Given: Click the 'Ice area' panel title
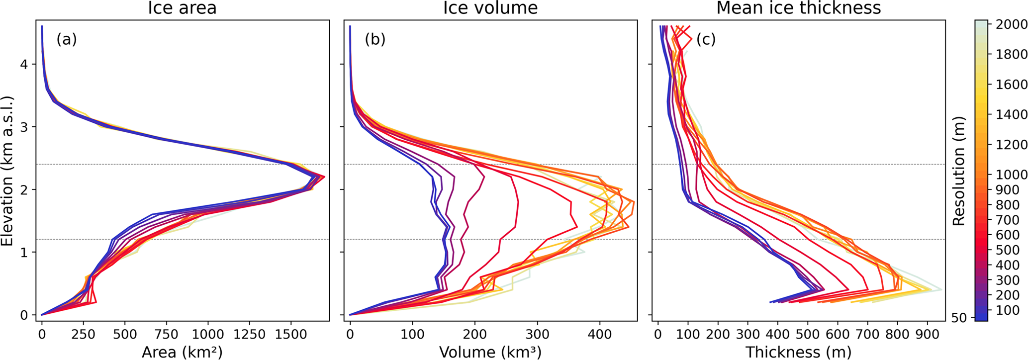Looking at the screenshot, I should point(182,8).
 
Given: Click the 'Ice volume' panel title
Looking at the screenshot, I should point(490,8).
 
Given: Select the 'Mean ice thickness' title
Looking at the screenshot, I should point(798,8).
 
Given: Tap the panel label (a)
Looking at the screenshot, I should point(66,39).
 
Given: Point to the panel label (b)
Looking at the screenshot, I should point(375,39).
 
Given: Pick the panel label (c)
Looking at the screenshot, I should point(705,39).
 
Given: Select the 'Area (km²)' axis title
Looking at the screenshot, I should point(182,352).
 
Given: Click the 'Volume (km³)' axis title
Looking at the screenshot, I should point(490,352).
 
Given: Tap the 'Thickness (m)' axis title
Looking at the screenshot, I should point(798,352).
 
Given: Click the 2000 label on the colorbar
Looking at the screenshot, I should point(1011,24).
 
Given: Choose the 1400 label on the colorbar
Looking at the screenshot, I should point(1011,114).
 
